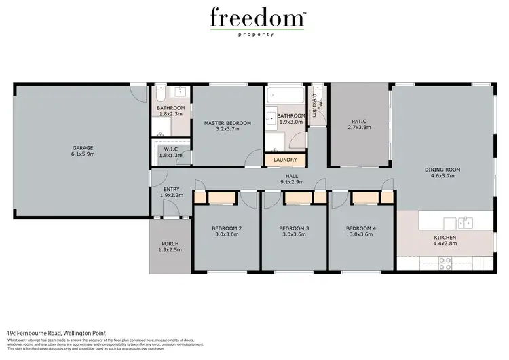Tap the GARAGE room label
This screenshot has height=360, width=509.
point(83,147)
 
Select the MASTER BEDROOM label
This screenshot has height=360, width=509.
point(227,123)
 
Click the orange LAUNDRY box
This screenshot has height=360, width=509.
point(285,160)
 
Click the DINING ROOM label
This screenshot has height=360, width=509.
point(442,170)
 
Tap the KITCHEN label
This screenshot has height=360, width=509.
point(446,238)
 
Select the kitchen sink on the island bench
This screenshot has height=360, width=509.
point(466,221)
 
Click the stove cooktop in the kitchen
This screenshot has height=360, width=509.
point(445,262)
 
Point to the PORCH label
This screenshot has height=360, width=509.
point(170,244)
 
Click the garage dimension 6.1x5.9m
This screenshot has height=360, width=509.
point(83,154)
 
